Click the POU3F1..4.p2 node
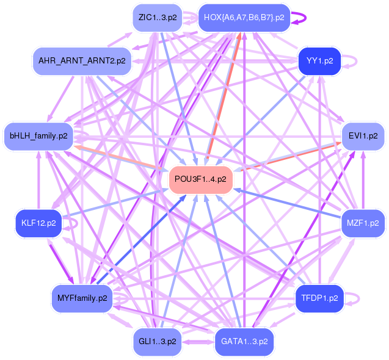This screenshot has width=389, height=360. coord(200,179)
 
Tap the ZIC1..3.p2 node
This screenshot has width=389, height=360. coord(158,17)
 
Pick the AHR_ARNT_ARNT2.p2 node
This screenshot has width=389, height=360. coord(82,61)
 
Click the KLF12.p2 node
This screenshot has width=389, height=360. coord(38,223)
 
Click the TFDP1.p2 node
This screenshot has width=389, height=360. coord(319,298)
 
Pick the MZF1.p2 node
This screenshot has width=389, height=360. coord(363,223)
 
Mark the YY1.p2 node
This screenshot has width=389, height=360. coord(319,61)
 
